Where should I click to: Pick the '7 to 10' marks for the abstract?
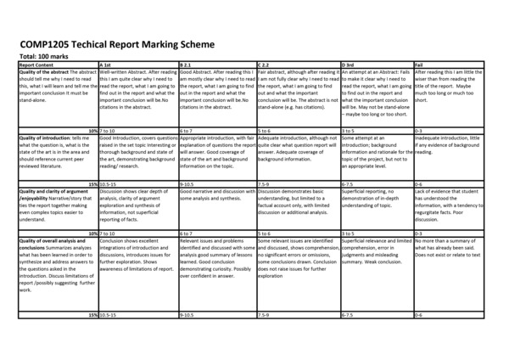(109, 130)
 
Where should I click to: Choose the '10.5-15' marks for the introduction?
(110, 182)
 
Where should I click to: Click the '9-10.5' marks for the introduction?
(187, 182)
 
